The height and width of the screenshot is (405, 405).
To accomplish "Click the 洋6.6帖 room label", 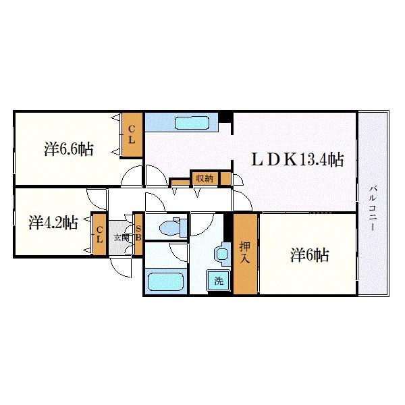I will [x=70, y=148].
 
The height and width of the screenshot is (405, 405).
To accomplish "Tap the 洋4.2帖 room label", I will [x=53, y=222].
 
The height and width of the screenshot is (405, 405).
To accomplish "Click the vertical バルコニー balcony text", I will [x=373, y=208].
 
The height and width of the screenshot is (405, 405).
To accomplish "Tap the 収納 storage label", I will [x=204, y=178].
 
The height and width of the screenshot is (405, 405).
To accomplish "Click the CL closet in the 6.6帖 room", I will [x=132, y=135].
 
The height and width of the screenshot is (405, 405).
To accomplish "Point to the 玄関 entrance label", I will [x=122, y=238].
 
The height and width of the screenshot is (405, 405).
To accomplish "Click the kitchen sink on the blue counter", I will [x=194, y=123].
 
